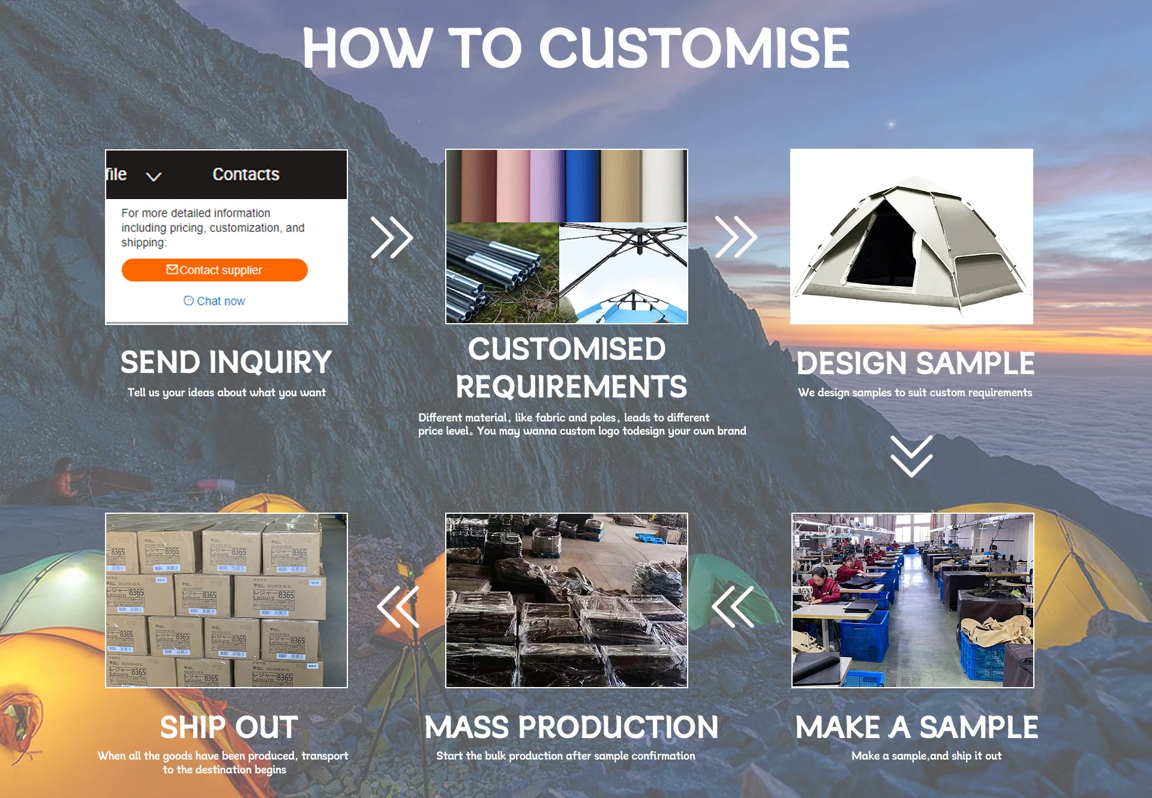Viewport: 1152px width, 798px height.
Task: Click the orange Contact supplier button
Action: (x=214, y=270)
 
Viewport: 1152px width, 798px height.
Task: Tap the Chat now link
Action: (x=214, y=301)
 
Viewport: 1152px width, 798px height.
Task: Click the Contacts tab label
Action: (x=246, y=174)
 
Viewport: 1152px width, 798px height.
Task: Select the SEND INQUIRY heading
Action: (x=226, y=362)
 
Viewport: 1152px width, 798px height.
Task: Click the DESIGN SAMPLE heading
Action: (x=916, y=363)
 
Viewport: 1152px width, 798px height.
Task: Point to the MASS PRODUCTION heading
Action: (x=571, y=727)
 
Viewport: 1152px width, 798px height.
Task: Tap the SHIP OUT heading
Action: (x=229, y=727)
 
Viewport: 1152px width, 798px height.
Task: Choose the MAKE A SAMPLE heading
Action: (x=916, y=727)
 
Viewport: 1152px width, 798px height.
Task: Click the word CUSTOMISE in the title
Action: (x=694, y=49)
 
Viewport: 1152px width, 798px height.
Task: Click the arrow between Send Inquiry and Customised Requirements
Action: (x=392, y=237)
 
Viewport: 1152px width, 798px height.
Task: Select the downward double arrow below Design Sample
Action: (x=911, y=456)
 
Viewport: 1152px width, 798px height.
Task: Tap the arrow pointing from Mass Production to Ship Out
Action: (x=398, y=607)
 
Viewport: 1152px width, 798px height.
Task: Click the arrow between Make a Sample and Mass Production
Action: (x=733, y=607)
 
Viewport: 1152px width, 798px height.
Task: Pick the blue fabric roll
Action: (x=582, y=186)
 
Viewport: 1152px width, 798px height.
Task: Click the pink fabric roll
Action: (x=513, y=186)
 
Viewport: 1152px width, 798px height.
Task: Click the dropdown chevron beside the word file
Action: (x=154, y=176)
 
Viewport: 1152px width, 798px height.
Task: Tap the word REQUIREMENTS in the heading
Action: (x=571, y=387)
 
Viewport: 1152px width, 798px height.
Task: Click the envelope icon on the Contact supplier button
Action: (x=172, y=269)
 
